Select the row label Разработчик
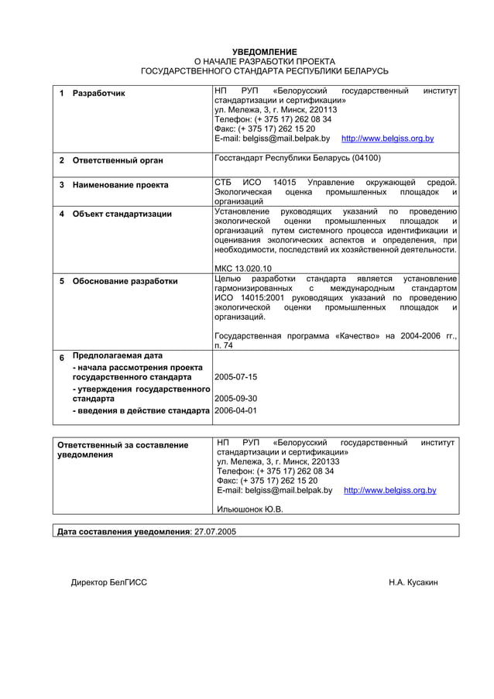point(98,94)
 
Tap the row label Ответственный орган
point(118,161)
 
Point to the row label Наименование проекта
point(120,186)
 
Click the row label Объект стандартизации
point(122,214)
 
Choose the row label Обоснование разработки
point(125,281)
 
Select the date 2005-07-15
point(235,377)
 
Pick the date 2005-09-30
point(235,399)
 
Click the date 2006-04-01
point(235,410)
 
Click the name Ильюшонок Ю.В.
point(250,509)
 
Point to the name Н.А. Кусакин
point(413,581)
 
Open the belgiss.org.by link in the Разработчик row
point(387,139)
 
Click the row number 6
point(62,358)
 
